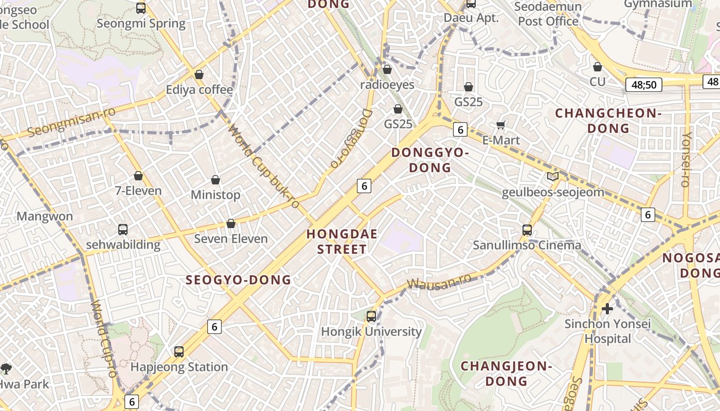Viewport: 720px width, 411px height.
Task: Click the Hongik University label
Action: click(x=371, y=332)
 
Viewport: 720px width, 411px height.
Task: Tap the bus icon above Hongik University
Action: click(x=371, y=316)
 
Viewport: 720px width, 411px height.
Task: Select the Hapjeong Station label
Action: click(x=179, y=367)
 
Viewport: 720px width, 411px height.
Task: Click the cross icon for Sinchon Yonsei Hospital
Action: click(x=607, y=308)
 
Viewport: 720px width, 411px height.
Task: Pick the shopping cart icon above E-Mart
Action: click(x=500, y=125)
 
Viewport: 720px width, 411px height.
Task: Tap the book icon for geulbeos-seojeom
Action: click(x=553, y=177)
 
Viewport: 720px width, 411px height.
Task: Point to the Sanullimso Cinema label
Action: click(x=527, y=245)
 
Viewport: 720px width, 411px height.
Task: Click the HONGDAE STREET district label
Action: click(x=342, y=241)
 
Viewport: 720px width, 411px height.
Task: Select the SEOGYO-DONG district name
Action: click(x=238, y=280)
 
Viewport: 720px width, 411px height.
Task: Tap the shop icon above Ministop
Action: click(x=215, y=180)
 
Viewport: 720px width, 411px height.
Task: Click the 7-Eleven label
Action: click(x=138, y=191)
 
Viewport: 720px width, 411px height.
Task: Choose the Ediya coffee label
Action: click(x=199, y=90)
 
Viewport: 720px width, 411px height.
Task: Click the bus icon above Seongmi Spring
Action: click(x=141, y=8)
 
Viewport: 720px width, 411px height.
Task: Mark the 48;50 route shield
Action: click(x=643, y=85)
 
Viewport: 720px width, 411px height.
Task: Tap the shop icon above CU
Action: click(x=598, y=67)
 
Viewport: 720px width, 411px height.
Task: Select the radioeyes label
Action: click(x=387, y=84)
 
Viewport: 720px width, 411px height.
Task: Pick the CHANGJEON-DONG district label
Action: click(x=506, y=373)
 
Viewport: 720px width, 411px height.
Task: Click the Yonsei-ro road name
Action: click(x=686, y=159)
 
